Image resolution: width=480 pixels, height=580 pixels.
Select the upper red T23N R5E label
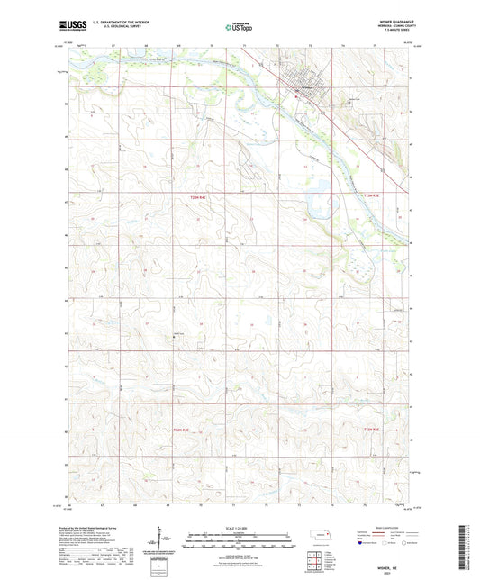pos(371,195)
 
